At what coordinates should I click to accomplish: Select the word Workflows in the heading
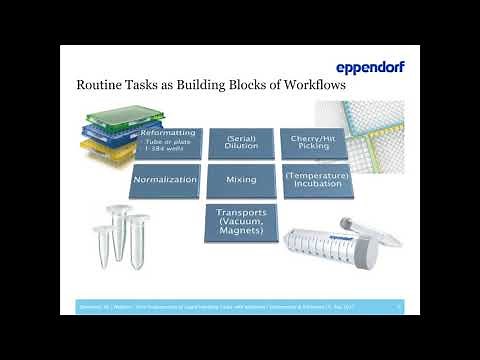coord(309,86)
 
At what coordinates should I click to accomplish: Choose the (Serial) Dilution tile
coord(241,142)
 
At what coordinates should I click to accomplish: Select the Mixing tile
coord(241,181)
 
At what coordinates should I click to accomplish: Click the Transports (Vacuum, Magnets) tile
coord(241,221)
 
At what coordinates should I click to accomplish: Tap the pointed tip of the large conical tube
coord(288,242)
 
